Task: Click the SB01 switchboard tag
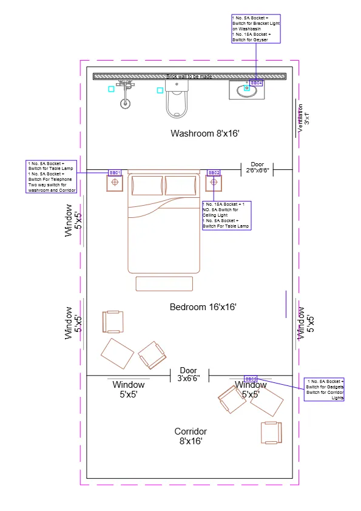click(115, 173)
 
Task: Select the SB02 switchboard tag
click(214, 173)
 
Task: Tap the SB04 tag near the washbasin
click(257, 82)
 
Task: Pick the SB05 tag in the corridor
click(251, 379)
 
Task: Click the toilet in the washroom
click(178, 98)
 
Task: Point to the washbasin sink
click(247, 90)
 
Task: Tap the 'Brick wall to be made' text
click(189, 76)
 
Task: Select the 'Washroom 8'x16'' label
click(201, 133)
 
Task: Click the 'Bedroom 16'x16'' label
click(203, 307)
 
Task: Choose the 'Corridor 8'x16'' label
click(191, 436)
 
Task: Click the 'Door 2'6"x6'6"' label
click(257, 168)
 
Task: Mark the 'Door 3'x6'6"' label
click(188, 374)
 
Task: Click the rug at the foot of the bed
click(164, 283)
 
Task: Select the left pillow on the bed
click(147, 186)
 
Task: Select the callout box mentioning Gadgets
click(325, 389)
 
